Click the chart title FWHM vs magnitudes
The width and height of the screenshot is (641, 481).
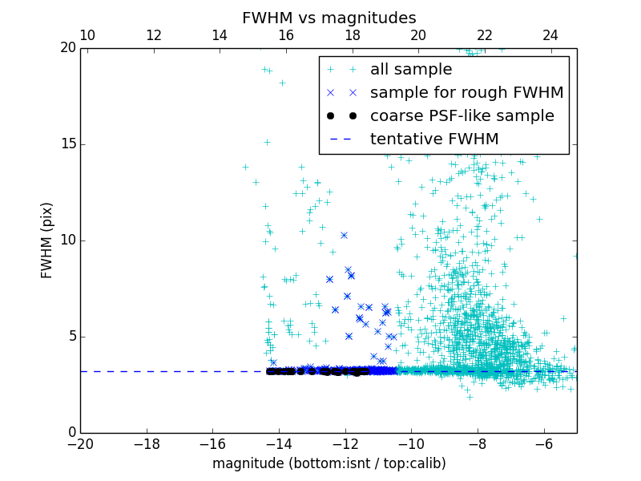329,18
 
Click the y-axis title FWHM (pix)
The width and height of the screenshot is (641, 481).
46,240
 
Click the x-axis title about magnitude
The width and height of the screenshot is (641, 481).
329,463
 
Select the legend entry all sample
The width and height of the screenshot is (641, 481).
411,70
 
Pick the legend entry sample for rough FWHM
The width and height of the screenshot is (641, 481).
466,93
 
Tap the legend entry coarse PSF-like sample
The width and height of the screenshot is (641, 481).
462,116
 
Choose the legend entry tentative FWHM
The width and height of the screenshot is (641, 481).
434,139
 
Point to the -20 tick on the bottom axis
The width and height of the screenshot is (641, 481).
80,443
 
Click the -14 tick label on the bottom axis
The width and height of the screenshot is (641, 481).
279,443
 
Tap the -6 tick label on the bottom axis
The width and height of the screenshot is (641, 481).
543,443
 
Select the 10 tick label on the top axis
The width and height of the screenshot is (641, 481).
88,35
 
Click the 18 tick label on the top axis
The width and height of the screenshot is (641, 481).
353,35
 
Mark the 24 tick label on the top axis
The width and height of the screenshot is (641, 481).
550,35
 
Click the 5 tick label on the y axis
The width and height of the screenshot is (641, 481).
71,337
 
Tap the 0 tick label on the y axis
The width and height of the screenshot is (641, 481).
71,433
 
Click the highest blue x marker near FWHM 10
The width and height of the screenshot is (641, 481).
344,235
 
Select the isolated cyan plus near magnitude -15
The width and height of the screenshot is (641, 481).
245,167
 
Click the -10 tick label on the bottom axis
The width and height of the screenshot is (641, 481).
411,443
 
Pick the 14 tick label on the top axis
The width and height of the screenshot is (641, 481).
220,35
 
